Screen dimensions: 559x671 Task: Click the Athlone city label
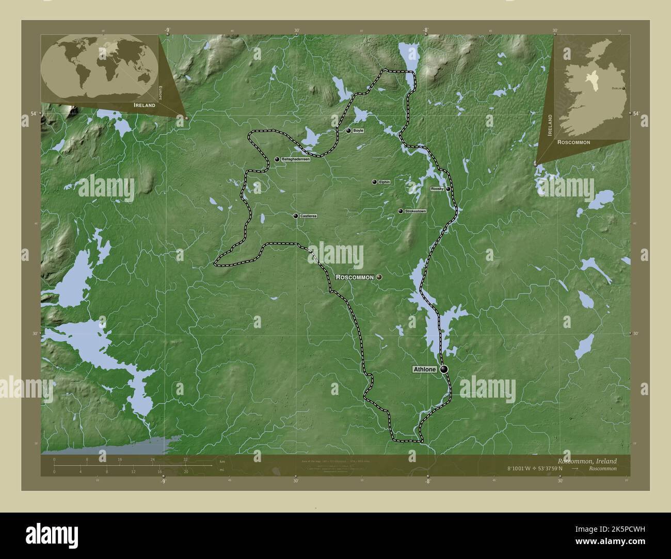pos(425,369)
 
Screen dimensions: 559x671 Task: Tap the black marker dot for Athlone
pos(444,369)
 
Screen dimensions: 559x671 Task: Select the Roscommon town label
pos(355,277)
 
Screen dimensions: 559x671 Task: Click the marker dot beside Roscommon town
pos(379,277)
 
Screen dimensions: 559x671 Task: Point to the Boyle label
pos(358,131)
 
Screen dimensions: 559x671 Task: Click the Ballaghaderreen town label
pos(296,160)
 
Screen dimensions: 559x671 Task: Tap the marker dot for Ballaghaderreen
pos(277,160)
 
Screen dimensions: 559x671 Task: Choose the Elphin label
pos(384,182)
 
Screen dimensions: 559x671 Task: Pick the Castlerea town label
pos(308,216)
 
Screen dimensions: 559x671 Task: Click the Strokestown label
pos(416,211)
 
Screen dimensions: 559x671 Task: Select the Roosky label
pos(437,189)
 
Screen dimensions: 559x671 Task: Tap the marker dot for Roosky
pos(448,189)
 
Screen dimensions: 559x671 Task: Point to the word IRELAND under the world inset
pos(144,105)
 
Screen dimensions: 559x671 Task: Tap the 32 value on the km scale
pos(185,459)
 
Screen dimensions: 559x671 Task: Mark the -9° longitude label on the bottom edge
pos(163,482)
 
